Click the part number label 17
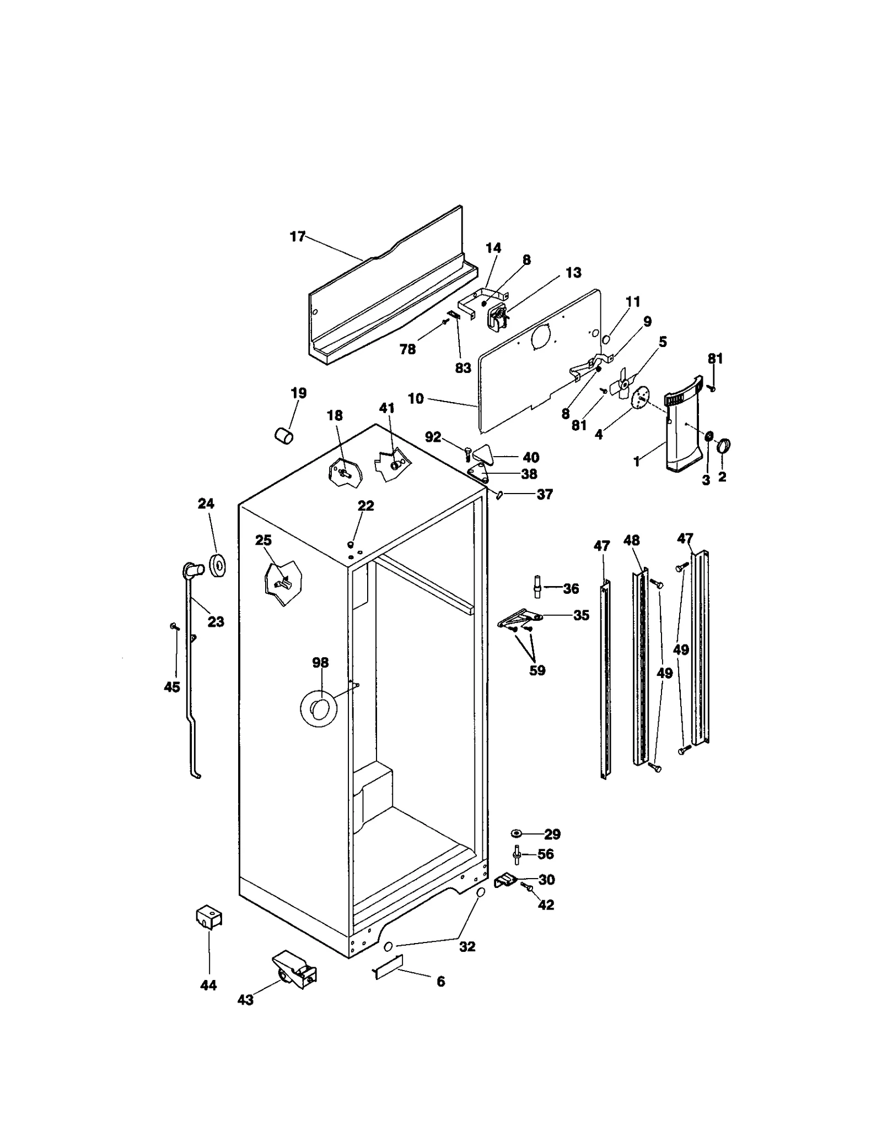297,237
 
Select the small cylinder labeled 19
284,434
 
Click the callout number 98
320,663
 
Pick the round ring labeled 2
723,445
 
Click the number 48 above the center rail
632,540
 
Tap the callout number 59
537,670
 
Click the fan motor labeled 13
498,318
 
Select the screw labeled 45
174,626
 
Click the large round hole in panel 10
541,336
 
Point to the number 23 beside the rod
216,621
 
